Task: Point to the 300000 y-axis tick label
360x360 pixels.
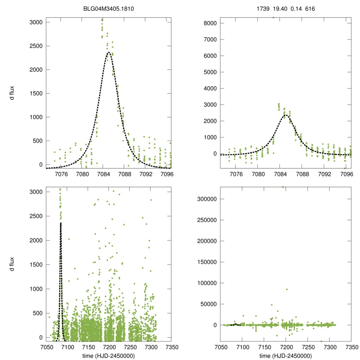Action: [x=204, y=199]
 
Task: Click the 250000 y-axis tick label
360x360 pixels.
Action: [x=204, y=220]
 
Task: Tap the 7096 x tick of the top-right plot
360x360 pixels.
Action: [x=347, y=174]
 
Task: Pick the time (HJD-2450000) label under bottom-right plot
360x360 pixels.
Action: [x=286, y=356]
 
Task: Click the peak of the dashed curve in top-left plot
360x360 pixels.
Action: [x=108, y=53]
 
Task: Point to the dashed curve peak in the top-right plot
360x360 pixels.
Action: [x=285, y=115]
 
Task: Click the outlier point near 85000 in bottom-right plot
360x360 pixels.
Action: [x=287, y=289]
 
